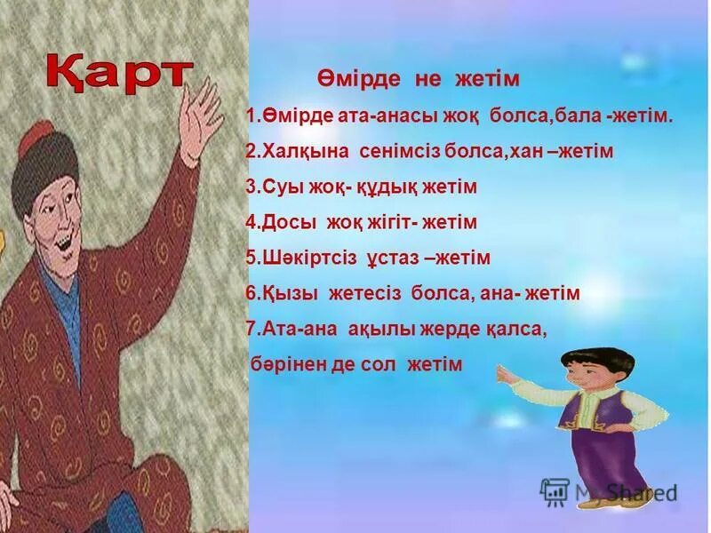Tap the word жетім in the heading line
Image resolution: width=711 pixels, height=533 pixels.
pyautogui.click(x=486, y=79)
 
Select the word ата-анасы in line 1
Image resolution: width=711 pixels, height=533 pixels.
pyautogui.click(x=365, y=116)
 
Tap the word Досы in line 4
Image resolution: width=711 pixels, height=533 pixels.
pyautogui.click(x=286, y=222)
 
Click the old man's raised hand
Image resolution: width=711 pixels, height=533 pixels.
pyautogui.click(x=202, y=115)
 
